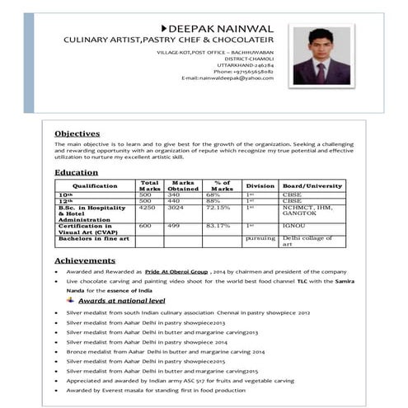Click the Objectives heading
[x=77, y=134]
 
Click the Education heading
[x=76, y=172]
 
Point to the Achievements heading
[x=85, y=260]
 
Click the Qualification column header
[x=94, y=185]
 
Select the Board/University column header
[x=312, y=185]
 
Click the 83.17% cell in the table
[x=218, y=224]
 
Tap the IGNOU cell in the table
[x=293, y=224]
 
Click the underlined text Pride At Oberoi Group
[x=176, y=271]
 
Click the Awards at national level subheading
[x=121, y=301]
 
